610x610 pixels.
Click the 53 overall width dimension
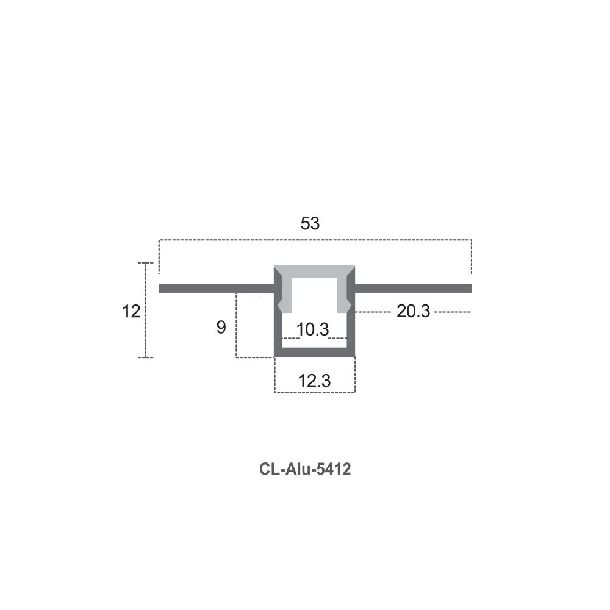click(310, 223)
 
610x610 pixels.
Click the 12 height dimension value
click(131, 312)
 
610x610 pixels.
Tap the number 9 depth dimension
click(221, 328)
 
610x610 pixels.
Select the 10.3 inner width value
click(313, 329)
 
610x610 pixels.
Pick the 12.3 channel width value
click(314, 381)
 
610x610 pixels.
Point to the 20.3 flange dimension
click(413, 311)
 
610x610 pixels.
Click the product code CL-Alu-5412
click(305, 468)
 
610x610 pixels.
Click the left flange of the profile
click(217, 289)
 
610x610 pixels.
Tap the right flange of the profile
click(413, 289)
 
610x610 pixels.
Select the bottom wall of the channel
click(314, 353)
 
